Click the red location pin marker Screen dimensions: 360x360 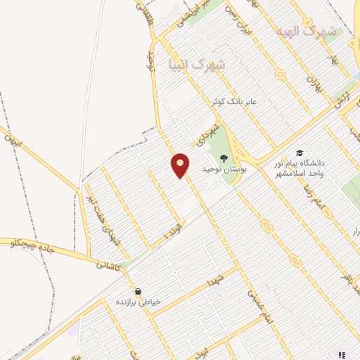[181, 165]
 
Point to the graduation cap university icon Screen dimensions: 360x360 [300, 153]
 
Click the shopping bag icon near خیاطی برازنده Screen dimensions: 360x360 [138, 290]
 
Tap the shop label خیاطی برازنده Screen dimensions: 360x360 [139, 302]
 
